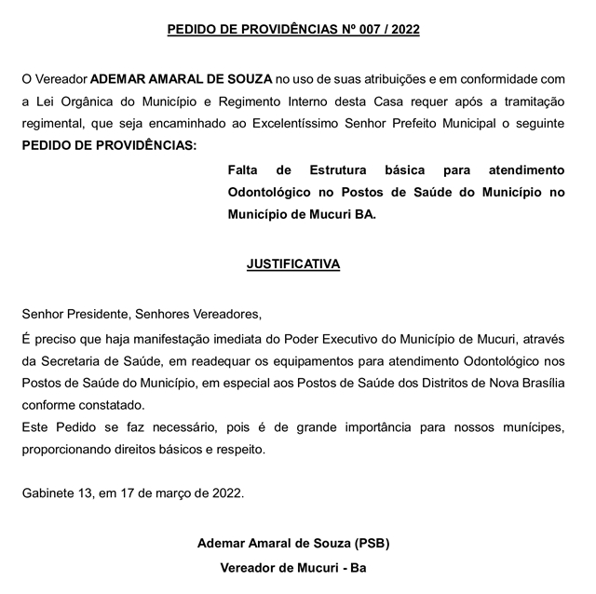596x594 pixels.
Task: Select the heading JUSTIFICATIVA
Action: click(293, 263)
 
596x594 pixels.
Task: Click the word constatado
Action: click(113, 406)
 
